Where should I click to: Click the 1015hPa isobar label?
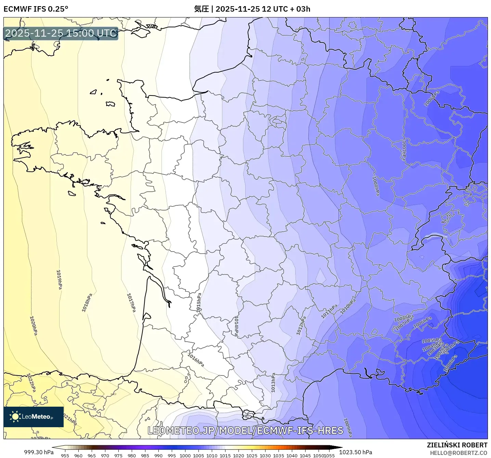point(199,302)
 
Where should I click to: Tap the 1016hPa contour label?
point(196,360)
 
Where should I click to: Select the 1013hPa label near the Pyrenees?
point(273,383)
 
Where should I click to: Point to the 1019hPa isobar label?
point(59,280)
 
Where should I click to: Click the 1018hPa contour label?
point(87,303)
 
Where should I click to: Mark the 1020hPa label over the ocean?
point(34,326)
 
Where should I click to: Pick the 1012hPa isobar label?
point(301,326)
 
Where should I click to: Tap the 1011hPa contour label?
point(329,311)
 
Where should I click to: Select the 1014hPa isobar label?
point(236,326)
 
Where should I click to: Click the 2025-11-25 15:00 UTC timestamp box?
point(61,34)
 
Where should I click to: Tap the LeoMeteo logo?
point(34,417)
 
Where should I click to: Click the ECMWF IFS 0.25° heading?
point(36,9)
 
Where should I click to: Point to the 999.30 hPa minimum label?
point(39,452)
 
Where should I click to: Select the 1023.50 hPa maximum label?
point(356,452)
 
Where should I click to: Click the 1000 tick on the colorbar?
point(185,455)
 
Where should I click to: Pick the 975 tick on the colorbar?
point(118,455)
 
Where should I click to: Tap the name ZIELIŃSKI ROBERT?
point(457,445)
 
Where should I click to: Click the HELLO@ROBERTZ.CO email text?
point(458,453)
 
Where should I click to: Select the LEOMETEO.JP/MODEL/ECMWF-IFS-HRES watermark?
point(245,430)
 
